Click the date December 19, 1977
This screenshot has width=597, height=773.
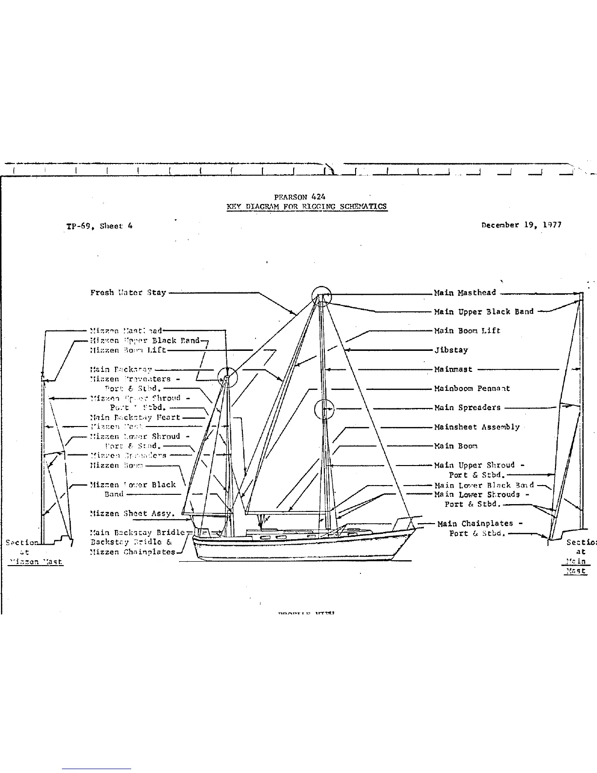[x=521, y=225]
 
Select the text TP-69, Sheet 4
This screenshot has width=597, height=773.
[x=99, y=225]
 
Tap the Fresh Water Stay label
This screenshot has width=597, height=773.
[x=128, y=293]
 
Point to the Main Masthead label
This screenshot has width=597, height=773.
[x=465, y=293]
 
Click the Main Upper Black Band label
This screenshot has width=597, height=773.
[x=484, y=312]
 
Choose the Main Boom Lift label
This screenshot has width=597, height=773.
[x=467, y=331]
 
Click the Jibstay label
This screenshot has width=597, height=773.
[x=451, y=350]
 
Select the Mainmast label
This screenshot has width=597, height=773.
[x=454, y=369]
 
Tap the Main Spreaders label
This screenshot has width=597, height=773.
[x=467, y=407]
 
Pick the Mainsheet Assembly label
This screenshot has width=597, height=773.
[x=477, y=427]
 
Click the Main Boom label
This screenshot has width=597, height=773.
[x=456, y=446]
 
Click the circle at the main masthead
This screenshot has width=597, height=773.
[x=321, y=296]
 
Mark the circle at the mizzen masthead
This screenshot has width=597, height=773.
[x=227, y=377]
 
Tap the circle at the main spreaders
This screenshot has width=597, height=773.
[x=324, y=409]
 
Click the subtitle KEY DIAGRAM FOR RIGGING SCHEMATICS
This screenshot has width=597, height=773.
[x=307, y=206]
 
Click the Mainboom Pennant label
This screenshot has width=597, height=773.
[x=472, y=388]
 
